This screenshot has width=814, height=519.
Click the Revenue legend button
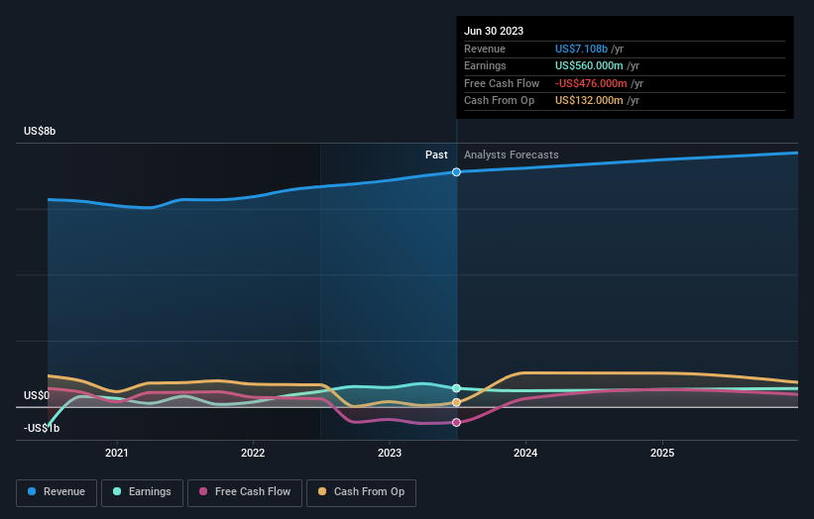click(57, 491)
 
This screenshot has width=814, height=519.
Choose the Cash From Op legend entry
click(361, 491)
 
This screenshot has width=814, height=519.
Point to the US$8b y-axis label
click(41, 131)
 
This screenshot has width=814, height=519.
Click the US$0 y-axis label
click(37, 395)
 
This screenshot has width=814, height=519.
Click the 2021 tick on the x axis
click(117, 453)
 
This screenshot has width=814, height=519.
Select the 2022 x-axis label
click(253, 453)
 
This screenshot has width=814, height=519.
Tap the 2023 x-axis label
click(390, 453)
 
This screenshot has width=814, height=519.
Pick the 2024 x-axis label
click(525, 453)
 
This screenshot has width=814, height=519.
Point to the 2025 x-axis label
click(662, 453)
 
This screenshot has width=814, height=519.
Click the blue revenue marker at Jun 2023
click(457, 172)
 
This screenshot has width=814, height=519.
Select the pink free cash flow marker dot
click(457, 423)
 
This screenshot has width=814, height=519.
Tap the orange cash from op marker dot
click(457, 403)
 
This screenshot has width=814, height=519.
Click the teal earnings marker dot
click(457, 388)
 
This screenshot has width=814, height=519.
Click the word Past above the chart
click(436, 155)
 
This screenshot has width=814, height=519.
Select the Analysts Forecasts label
click(511, 155)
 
